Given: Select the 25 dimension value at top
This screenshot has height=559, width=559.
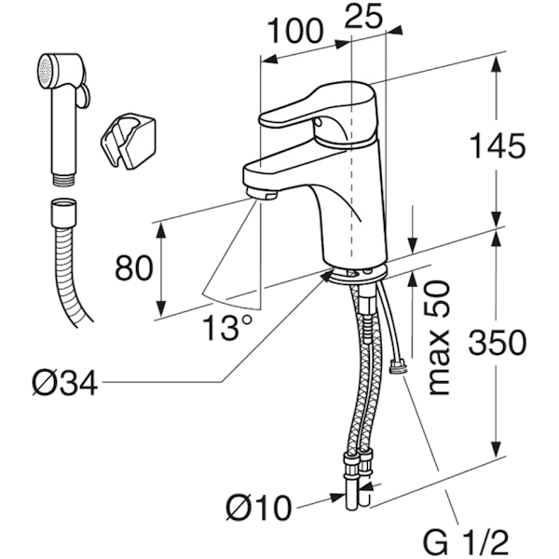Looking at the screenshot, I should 366,16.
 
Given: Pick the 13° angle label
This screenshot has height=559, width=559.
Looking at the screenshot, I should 228,327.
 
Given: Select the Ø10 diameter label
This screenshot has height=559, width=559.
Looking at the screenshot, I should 258,508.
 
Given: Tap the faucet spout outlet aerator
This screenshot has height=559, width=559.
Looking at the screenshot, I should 264,195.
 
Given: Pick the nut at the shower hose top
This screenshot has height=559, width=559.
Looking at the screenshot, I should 61,208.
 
